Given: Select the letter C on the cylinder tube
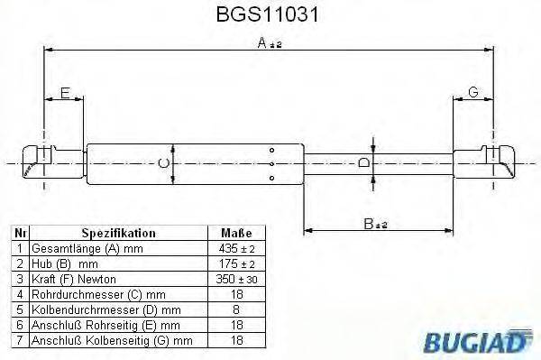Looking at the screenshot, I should tap(162, 163).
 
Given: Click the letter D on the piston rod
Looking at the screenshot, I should tap(362, 163).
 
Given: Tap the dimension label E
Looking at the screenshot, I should tap(65, 92).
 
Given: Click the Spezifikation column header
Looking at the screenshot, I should tap(119, 232).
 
